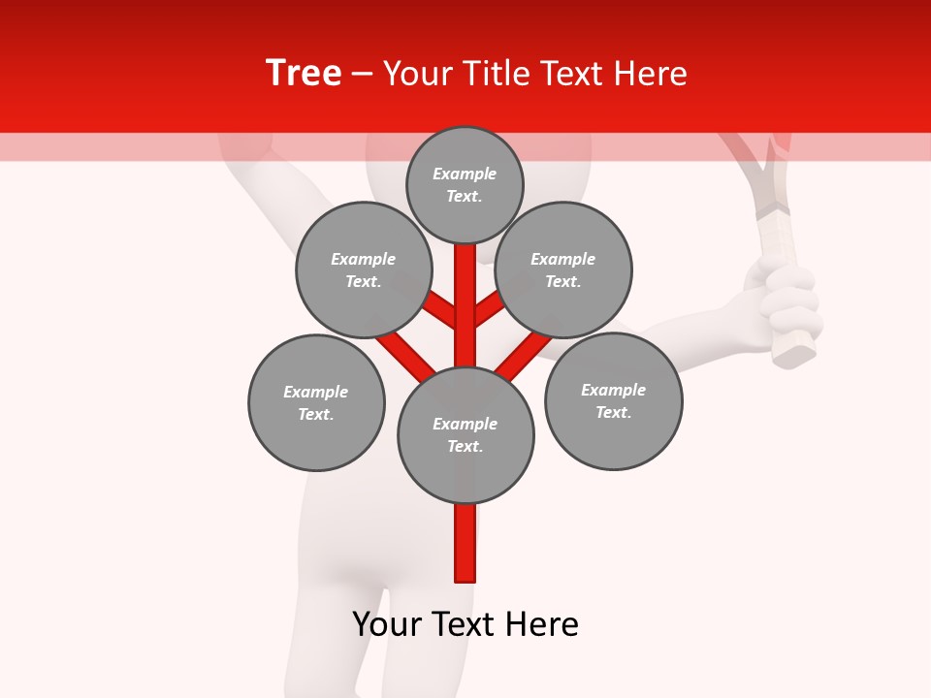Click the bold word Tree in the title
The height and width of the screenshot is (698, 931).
pyautogui.click(x=304, y=74)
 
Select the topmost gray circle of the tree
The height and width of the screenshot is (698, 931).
pyautogui.click(x=465, y=184)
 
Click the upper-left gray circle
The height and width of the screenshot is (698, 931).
pyautogui.click(x=363, y=270)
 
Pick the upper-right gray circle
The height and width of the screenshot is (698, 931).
pyautogui.click(x=563, y=270)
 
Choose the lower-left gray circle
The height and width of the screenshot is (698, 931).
pyautogui.click(x=316, y=402)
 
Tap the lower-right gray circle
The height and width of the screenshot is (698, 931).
pyautogui.click(x=613, y=400)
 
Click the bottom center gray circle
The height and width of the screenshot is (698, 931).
pyautogui.click(x=465, y=434)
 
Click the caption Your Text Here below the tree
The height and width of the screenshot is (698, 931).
pyautogui.click(x=465, y=624)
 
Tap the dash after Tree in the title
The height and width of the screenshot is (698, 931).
pyautogui.click(x=362, y=75)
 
